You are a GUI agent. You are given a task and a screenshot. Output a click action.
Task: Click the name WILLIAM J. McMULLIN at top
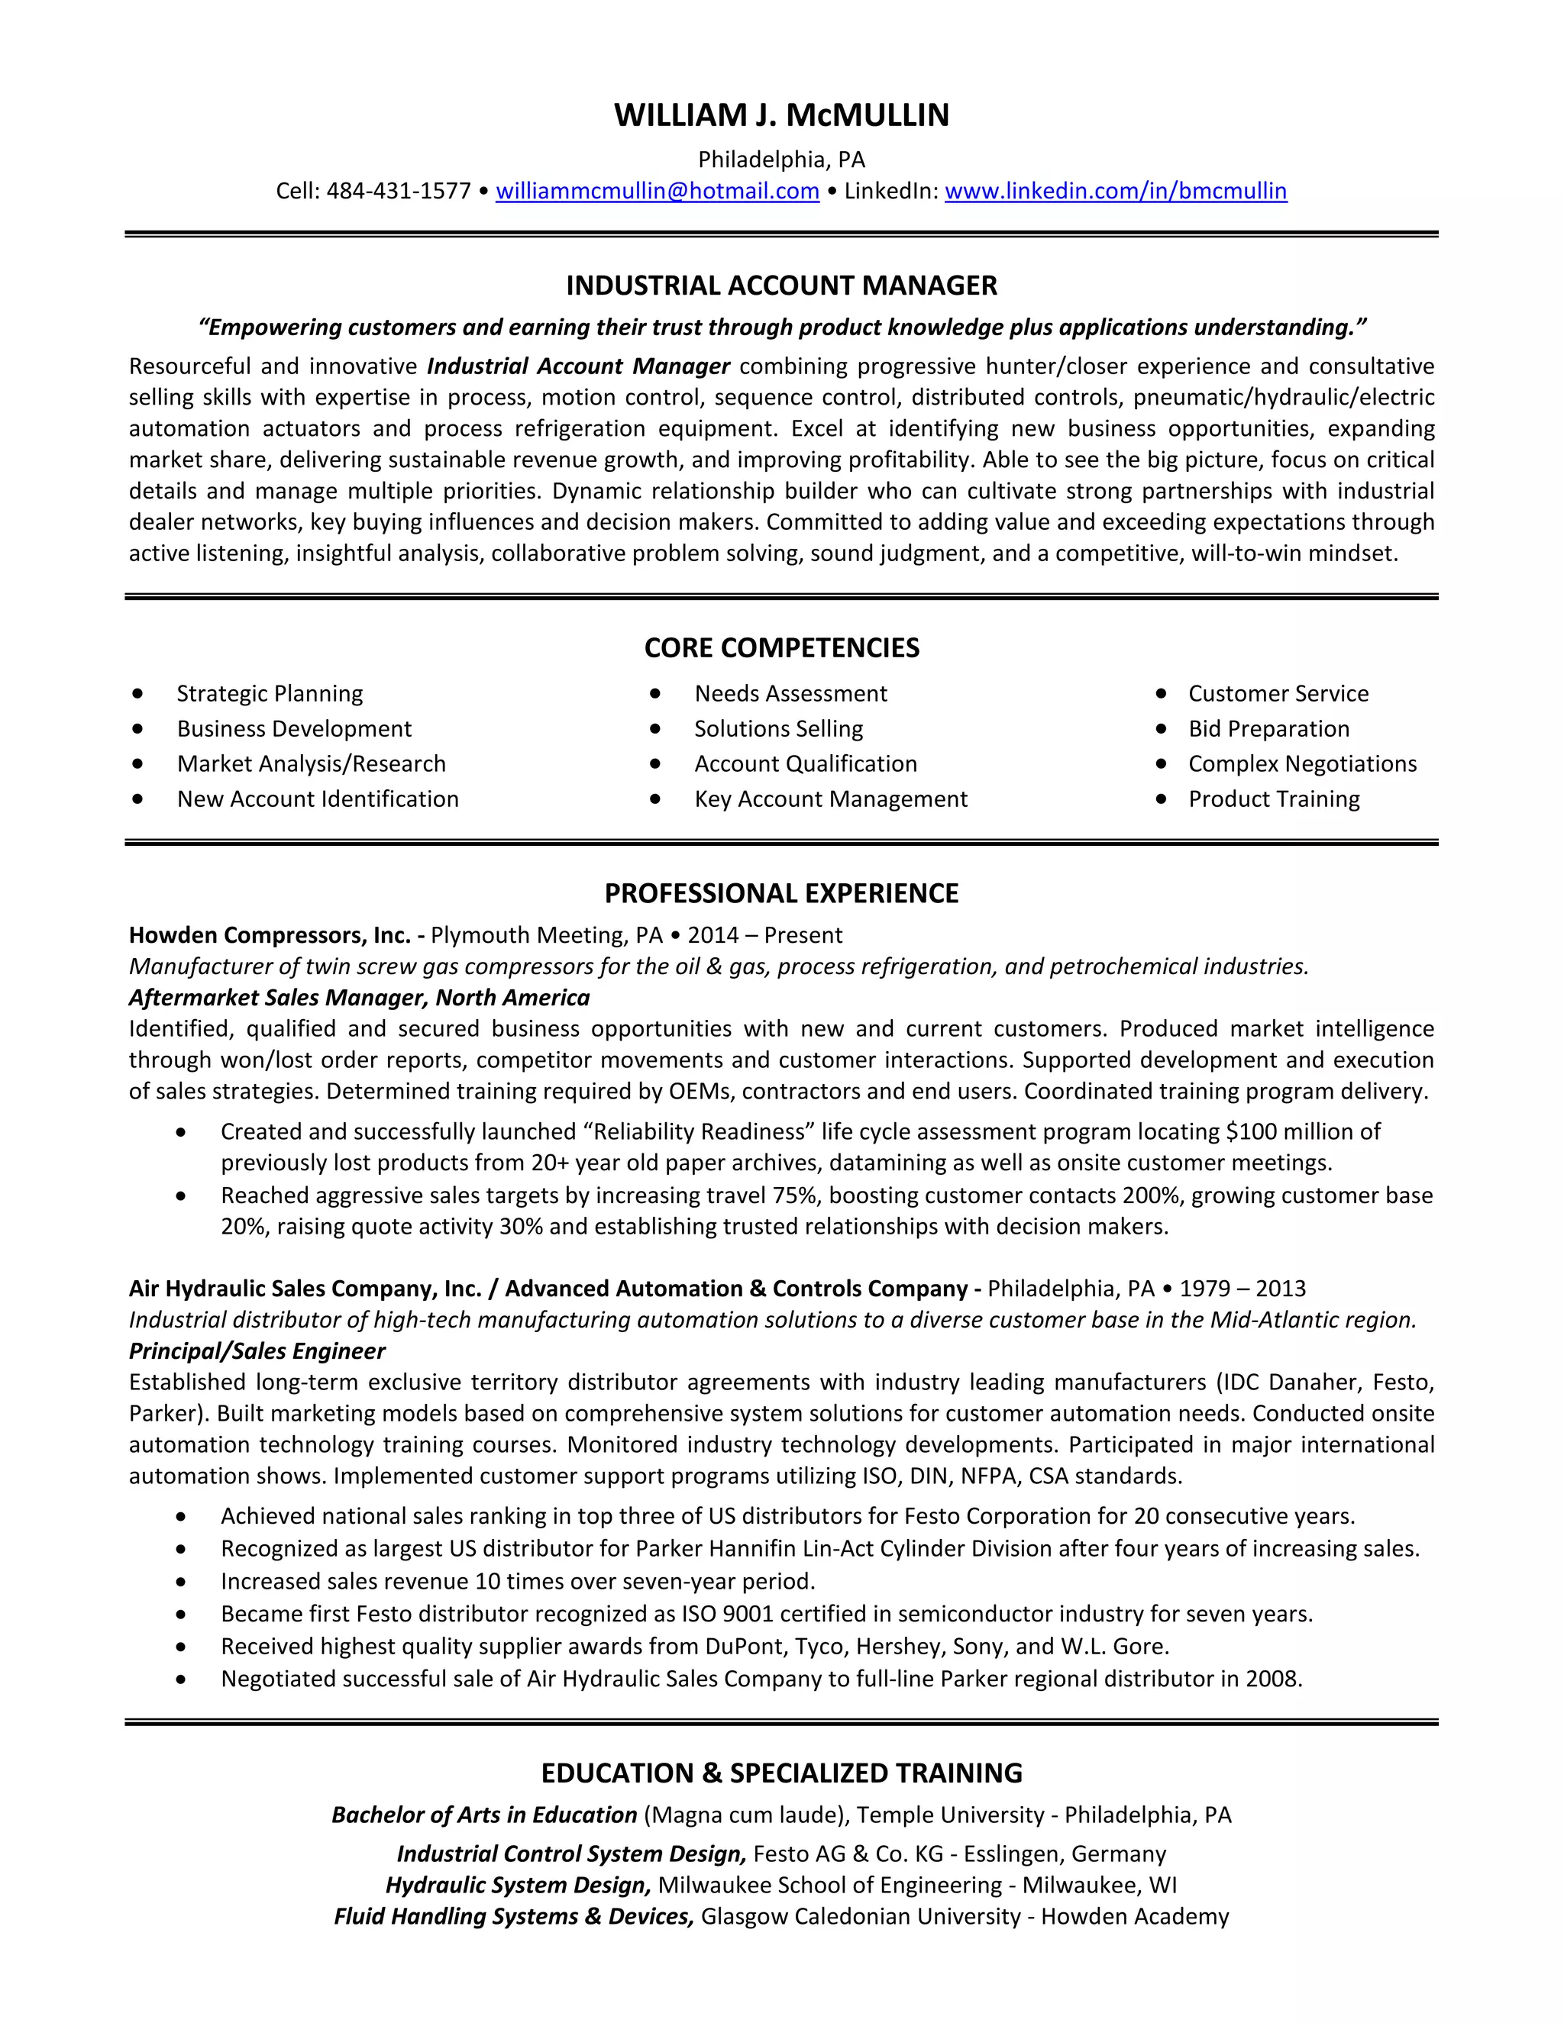(x=781, y=115)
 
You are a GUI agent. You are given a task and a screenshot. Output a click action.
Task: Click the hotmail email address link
(x=657, y=191)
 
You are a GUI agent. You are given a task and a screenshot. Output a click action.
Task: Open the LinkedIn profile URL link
(x=1116, y=191)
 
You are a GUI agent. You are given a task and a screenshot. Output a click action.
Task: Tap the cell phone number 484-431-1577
(x=399, y=191)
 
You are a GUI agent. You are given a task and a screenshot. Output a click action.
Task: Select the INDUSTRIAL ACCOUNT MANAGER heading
(x=781, y=286)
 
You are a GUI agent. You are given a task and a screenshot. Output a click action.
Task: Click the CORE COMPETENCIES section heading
(x=781, y=647)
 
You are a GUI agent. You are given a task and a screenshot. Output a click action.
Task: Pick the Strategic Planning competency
(x=270, y=694)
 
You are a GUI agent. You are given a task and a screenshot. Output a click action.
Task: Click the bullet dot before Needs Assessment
(x=655, y=693)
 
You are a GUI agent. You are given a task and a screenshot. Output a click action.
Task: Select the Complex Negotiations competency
(x=1302, y=764)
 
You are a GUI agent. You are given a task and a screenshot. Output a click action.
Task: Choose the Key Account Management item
(x=830, y=799)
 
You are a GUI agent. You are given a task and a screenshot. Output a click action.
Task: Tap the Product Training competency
(x=1274, y=799)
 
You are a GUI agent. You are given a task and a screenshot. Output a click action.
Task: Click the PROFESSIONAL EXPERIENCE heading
(x=781, y=893)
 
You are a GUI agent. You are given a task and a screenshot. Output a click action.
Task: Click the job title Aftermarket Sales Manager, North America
(x=360, y=998)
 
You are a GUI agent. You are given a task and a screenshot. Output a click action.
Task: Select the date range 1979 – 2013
(x=1242, y=1289)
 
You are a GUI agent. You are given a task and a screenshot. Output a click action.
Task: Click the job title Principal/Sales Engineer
(x=257, y=1351)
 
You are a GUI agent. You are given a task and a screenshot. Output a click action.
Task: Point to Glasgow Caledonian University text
(x=860, y=1916)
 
